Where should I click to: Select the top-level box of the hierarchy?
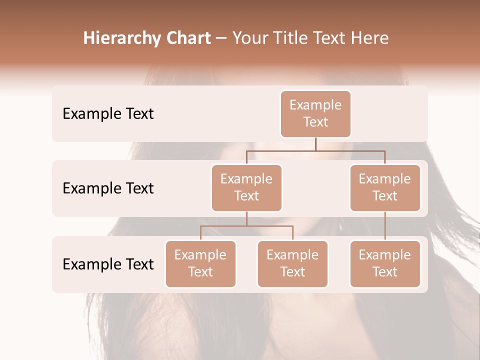pyautogui.click(x=315, y=113)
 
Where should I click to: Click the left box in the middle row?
pyautogui.click(x=246, y=187)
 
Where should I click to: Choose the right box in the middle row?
pyautogui.click(x=385, y=187)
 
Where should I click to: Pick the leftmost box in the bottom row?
pyautogui.click(x=200, y=263)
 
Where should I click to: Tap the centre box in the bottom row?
pyautogui.click(x=292, y=263)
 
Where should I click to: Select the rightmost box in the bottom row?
pyautogui.click(x=385, y=263)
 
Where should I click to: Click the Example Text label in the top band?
pyautogui.click(x=108, y=113)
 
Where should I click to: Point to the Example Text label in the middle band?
pyautogui.click(x=108, y=188)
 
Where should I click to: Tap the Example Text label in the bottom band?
pyautogui.click(x=108, y=264)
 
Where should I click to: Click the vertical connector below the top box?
pyautogui.click(x=315, y=144)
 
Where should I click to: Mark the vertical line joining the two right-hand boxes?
pyautogui.click(x=385, y=226)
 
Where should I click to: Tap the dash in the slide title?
pyautogui.click(x=221, y=38)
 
